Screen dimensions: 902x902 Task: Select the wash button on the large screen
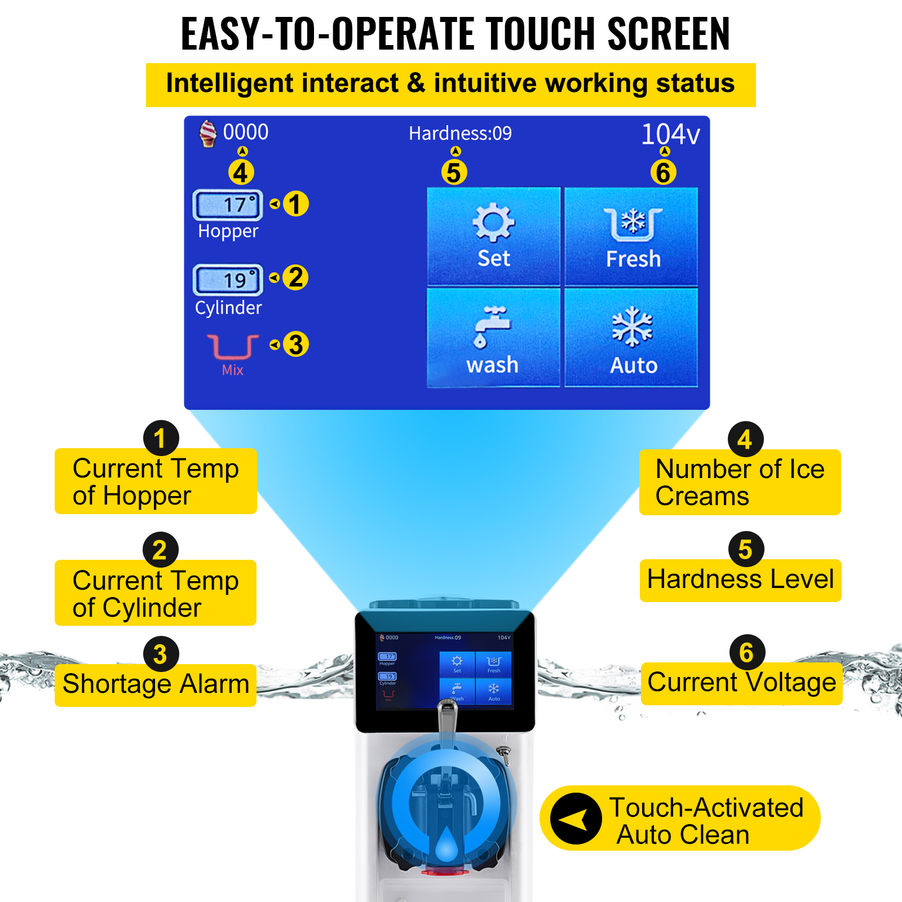[493, 337]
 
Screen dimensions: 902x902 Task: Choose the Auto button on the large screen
[632, 337]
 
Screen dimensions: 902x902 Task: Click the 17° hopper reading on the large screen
[228, 205]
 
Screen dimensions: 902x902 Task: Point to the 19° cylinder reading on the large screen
[228, 280]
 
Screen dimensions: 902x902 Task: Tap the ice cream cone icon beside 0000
[208, 134]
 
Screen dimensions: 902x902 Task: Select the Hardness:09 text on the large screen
[460, 134]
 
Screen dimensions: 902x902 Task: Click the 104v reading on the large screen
[670, 134]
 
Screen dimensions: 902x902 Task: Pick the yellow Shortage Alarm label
[156, 684]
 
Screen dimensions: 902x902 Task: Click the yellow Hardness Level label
[740, 580]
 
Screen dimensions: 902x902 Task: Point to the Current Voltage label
[741, 683]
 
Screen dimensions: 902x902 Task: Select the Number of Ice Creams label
[740, 483]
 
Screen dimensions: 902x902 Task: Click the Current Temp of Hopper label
[156, 482]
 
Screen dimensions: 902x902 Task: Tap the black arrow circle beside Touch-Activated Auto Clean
[576, 819]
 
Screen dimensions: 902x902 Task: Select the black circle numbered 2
[160, 550]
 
